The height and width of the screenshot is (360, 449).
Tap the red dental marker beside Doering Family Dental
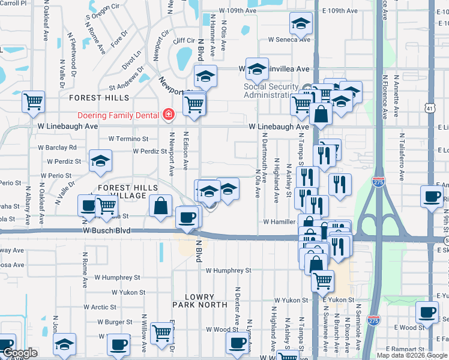[169, 115]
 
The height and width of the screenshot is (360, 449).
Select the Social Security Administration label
[271, 91]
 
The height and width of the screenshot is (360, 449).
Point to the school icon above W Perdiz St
[101, 160]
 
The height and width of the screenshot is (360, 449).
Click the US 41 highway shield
[429, 108]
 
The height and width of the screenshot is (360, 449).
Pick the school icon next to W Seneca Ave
[300, 23]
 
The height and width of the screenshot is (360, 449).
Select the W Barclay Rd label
[57, 147]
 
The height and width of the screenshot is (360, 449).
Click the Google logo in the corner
[20, 353]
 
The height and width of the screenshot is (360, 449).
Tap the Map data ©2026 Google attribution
[411, 355]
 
